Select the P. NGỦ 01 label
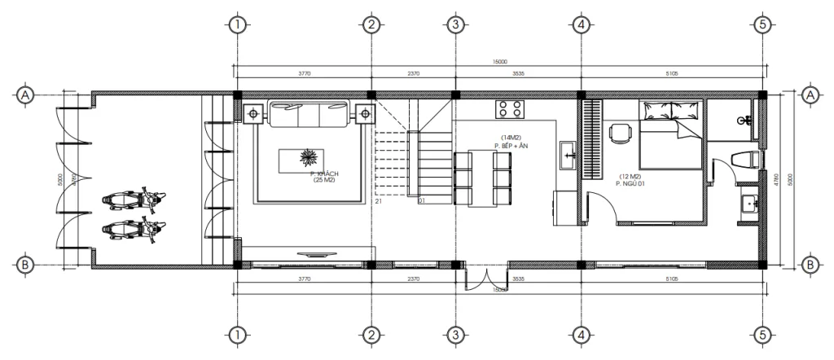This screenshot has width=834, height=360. [630, 183]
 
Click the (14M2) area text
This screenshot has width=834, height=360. [511, 138]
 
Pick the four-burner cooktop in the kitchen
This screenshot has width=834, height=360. [511, 109]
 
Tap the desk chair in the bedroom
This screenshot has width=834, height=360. [621, 133]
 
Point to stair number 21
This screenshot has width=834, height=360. [378, 201]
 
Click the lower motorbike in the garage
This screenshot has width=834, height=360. [133, 228]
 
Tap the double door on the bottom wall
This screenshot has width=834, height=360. [487, 279]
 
